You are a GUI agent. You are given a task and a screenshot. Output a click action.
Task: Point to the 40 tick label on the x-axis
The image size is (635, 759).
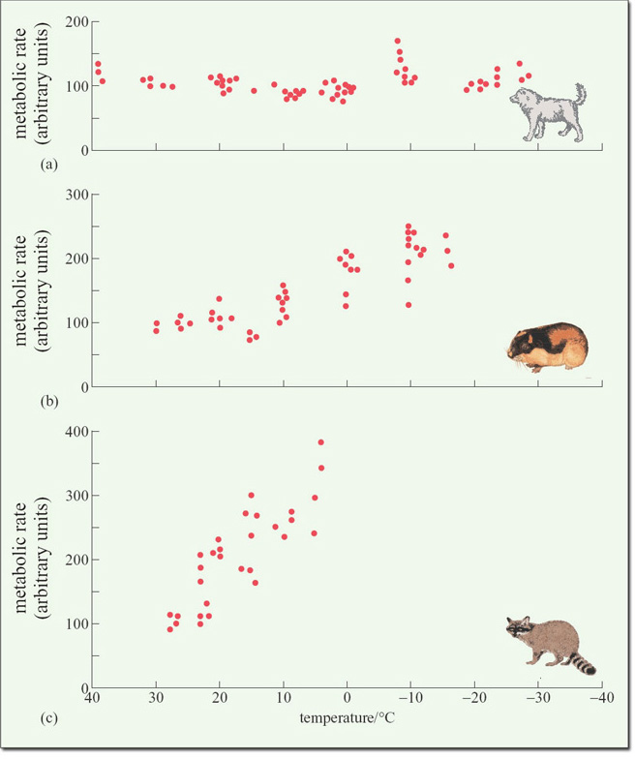[92, 699]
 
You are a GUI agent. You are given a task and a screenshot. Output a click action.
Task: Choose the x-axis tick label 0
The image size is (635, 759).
[348, 699]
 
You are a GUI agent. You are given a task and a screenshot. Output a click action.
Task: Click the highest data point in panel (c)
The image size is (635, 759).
[320, 442]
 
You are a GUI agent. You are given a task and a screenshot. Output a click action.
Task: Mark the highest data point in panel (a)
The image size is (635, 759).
[397, 42]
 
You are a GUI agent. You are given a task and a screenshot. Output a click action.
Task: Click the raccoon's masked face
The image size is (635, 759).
[520, 629]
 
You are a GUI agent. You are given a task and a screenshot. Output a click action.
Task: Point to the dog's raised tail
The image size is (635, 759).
[579, 94]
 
